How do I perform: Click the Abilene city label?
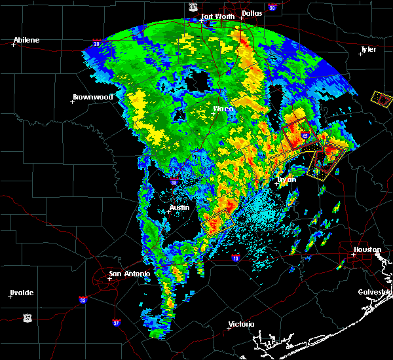(26, 40)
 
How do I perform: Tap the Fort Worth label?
(216, 16)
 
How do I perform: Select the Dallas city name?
(251, 12)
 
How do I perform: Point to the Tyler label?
(369, 49)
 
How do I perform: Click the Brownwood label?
(92, 97)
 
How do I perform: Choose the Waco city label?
(223, 109)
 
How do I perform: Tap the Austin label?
(179, 208)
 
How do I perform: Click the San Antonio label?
(129, 274)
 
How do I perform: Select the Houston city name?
(367, 250)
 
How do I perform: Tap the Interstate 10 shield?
(234, 259)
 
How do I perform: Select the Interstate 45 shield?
(305, 135)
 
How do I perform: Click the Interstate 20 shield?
(97, 43)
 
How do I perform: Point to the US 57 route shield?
(27, 317)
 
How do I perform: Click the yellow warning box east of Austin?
(218, 222)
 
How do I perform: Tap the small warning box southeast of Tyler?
(381, 99)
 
